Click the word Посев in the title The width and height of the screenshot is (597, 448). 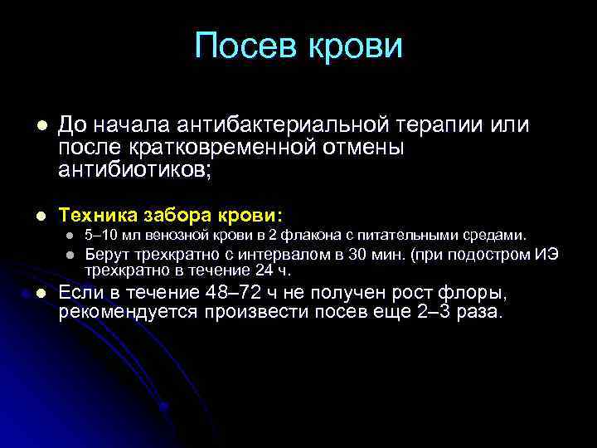click(x=245, y=46)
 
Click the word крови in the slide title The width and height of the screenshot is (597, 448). click(x=355, y=46)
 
